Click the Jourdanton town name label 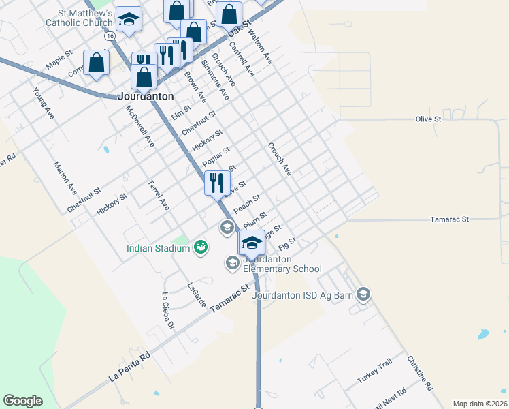pyautogui.click(x=146, y=96)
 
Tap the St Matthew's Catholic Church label pyautogui.click(x=79, y=18)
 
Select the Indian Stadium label pyautogui.click(x=157, y=248)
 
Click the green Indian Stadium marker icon pyautogui.click(x=200, y=247)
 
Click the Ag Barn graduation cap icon pyautogui.click(x=363, y=294)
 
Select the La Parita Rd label pyautogui.click(x=129, y=367)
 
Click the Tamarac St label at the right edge pyautogui.click(x=450, y=219)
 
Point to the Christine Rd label pyautogui.click(x=419, y=373)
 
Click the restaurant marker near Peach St pyautogui.click(x=217, y=183)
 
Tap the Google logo pyautogui.click(x=22, y=401)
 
